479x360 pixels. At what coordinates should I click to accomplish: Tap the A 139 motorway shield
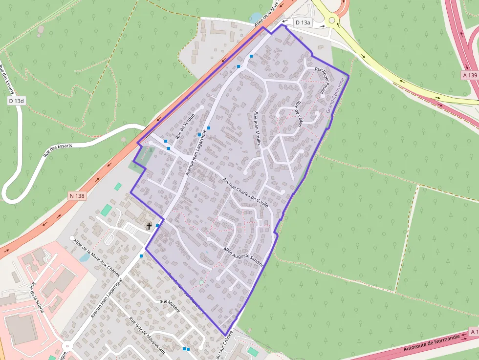click(470, 75)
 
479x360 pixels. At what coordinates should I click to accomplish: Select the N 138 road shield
click(77, 196)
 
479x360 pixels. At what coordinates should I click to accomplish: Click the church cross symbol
click(149, 226)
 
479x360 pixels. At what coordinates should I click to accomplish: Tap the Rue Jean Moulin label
click(257, 128)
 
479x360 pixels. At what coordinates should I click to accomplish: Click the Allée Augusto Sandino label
click(243, 257)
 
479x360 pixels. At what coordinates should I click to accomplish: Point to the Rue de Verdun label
click(185, 124)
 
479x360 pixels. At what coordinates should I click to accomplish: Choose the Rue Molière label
click(170, 306)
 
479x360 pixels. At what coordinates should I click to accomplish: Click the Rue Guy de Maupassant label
click(147, 336)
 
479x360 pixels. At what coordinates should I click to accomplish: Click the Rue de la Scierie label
click(39, 298)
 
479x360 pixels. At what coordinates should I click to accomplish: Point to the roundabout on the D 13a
click(333, 21)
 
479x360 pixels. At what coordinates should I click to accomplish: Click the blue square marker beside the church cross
click(157, 226)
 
